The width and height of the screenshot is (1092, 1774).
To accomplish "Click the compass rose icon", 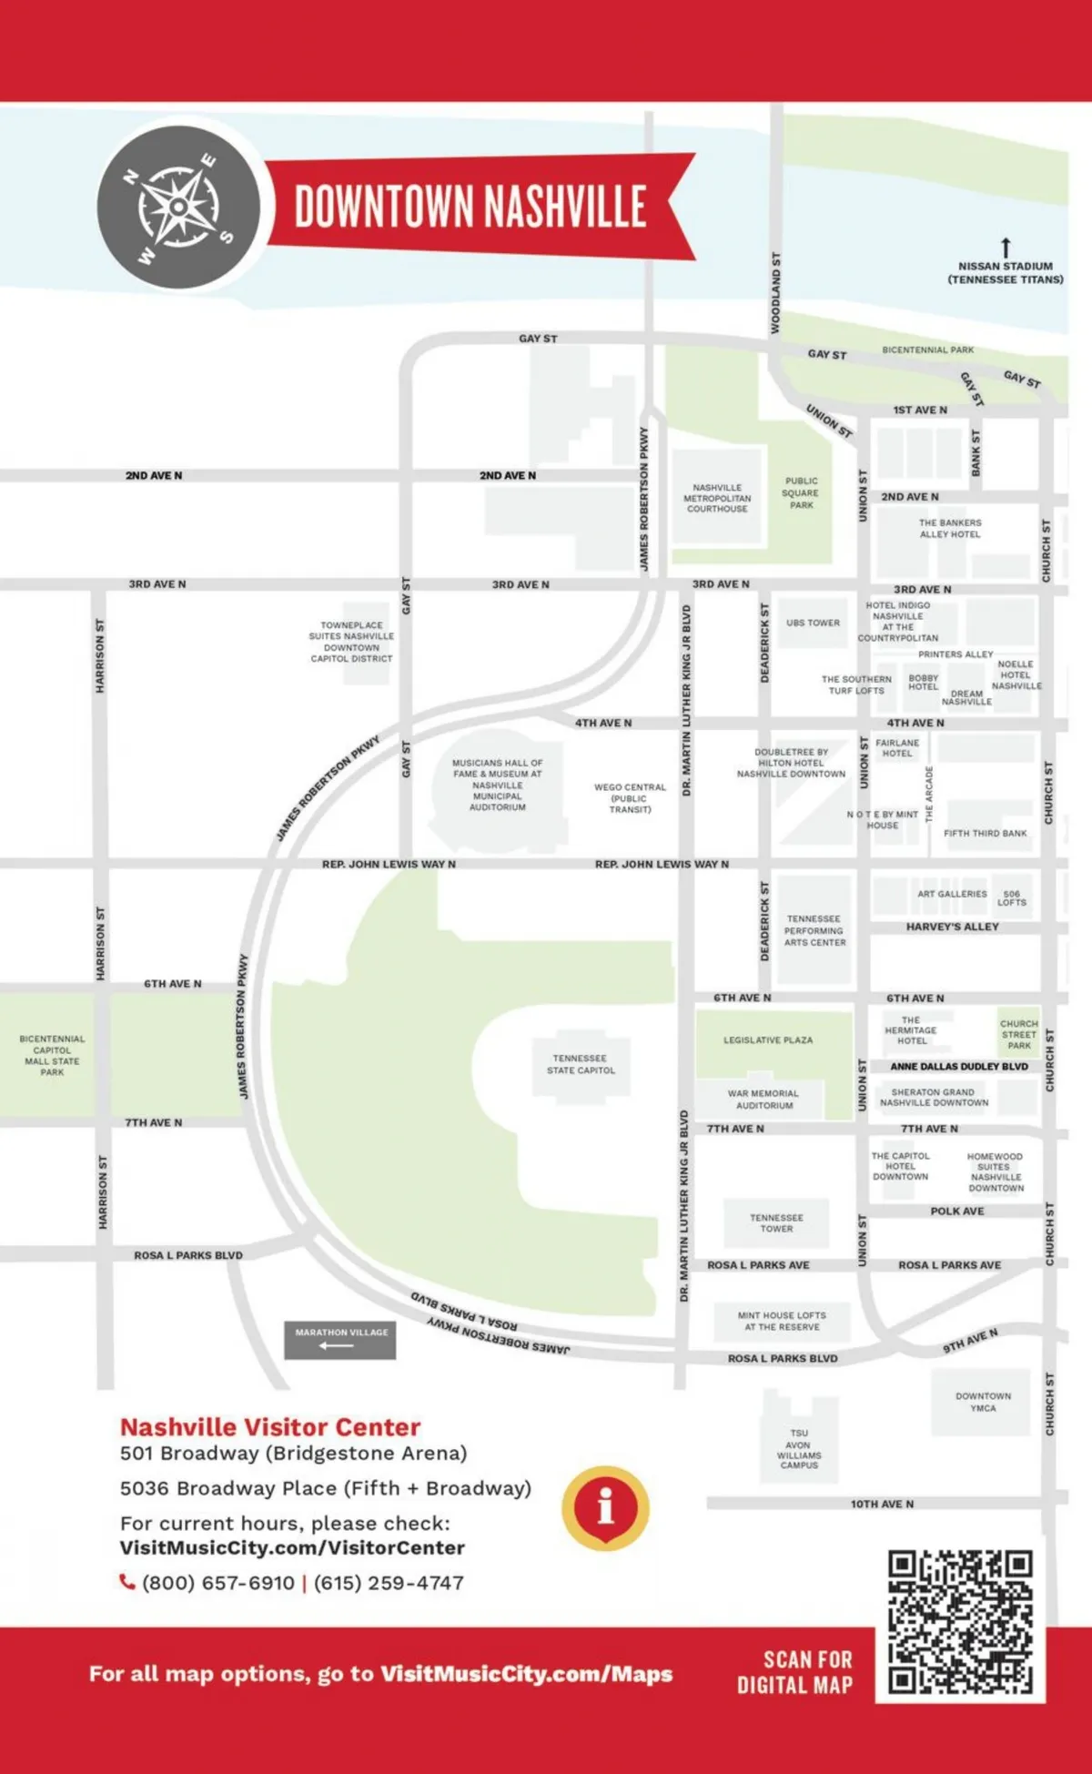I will [x=178, y=207].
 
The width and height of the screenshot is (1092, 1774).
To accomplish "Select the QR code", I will [x=960, y=1621].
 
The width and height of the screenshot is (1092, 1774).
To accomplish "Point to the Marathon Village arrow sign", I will [x=340, y=1340].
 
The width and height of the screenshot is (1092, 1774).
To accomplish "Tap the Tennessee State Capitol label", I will [x=581, y=1064].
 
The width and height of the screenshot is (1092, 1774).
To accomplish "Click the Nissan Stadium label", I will [x=1006, y=272].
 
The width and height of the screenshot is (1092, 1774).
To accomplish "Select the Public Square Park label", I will [x=801, y=492].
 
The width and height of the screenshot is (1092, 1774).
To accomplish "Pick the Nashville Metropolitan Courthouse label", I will [x=717, y=498].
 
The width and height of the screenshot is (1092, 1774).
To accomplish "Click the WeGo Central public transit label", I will [x=630, y=797].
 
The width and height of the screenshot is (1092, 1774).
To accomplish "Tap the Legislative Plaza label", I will [x=768, y=1039].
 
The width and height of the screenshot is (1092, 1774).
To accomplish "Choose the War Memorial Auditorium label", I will [x=763, y=1099].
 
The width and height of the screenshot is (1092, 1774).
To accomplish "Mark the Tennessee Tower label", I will [x=776, y=1222].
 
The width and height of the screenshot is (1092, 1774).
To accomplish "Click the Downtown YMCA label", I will [x=983, y=1402].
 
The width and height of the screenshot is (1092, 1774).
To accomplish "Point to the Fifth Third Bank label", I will [x=985, y=833].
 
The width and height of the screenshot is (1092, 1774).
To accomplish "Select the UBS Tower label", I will [x=813, y=623].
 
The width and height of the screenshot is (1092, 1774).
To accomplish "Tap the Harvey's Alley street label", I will [x=952, y=927].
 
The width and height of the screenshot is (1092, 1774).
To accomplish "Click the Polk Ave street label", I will [x=956, y=1211].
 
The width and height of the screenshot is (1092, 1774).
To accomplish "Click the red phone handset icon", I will [x=127, y=1582].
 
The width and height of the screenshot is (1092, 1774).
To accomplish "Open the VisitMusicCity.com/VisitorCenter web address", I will [x=292, y=1547].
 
